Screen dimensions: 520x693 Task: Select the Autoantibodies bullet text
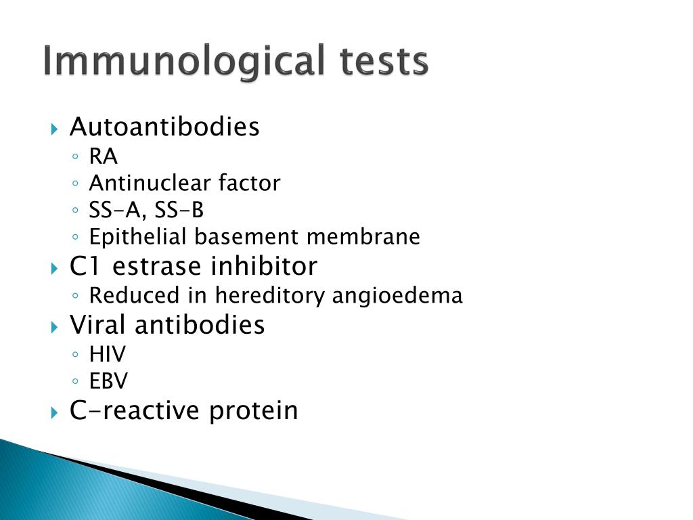click(164, 127)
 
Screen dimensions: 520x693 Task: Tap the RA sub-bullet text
click(104, 157)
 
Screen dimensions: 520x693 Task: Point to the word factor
click(249, 183)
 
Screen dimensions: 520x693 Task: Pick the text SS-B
click(179, 211)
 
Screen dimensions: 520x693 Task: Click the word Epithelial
click(139, 237)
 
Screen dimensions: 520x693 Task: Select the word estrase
click(149, 267)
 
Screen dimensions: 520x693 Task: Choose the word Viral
click(99, 325)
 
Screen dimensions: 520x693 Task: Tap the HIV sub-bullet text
click(108, 354)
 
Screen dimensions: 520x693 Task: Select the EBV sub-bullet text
click(108, 381)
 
